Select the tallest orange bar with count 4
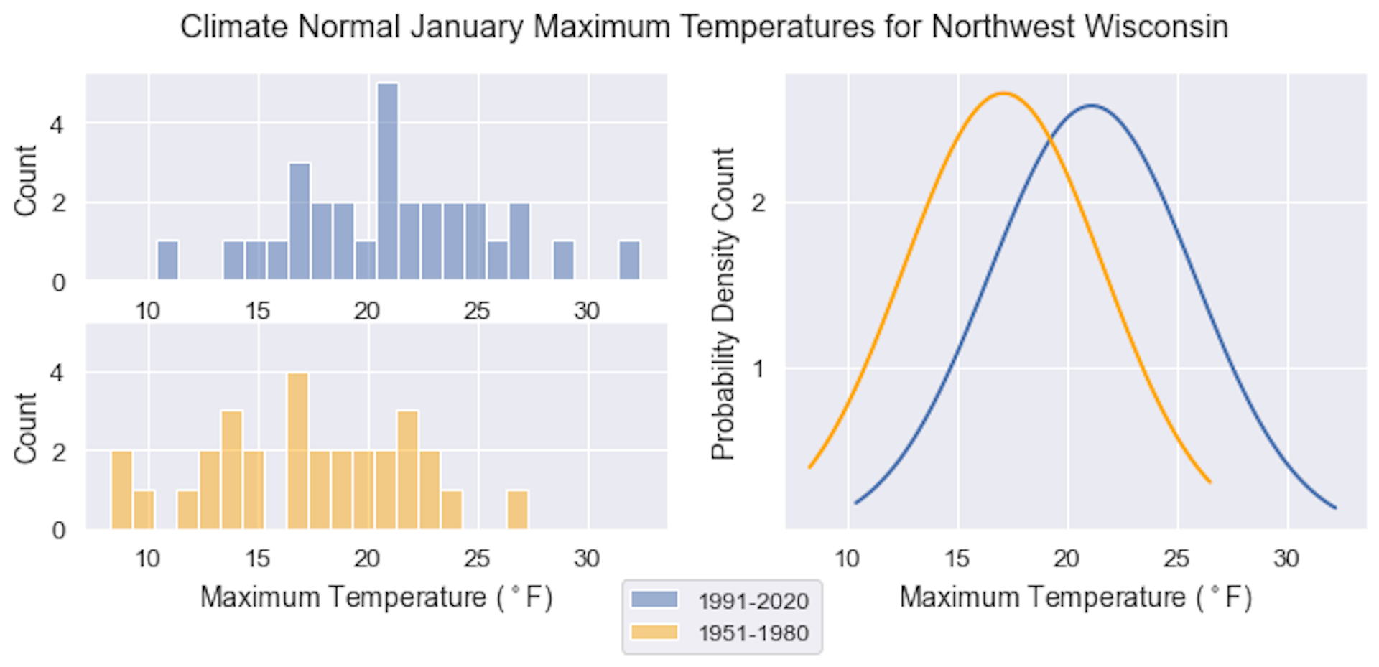coord(297,451)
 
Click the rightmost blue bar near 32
coord(629,260)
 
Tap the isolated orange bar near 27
coord(517,510)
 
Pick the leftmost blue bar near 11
coord(167,260)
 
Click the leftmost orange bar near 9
coord(121,490)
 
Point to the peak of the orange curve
coord(1003,93)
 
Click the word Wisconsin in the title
coord(1156,27)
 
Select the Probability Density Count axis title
coord(723,303)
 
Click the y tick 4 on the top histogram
coord(57,125)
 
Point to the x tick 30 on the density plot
coord(1286,559)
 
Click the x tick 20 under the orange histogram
coord(367,559)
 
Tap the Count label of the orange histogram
coord(25,428)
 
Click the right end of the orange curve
coord(1210,482)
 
